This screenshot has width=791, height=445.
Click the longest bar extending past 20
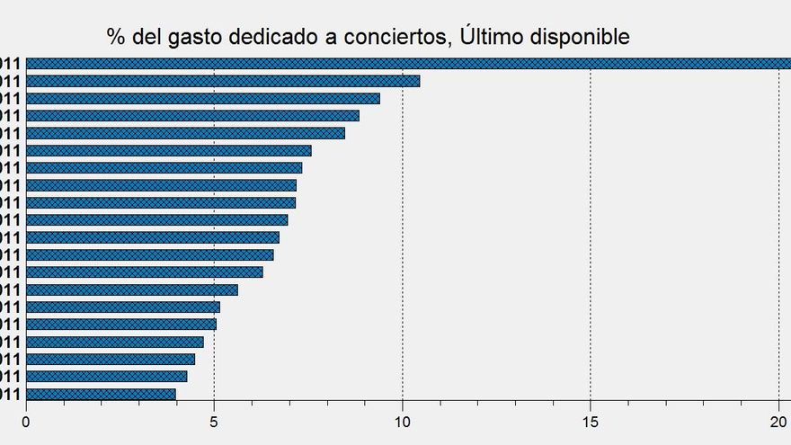click(x=404, y=63)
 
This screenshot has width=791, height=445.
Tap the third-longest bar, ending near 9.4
click(x=203, y=98)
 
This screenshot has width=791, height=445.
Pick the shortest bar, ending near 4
click(x=101, y=394)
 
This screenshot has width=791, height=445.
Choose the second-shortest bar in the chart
click(x=107, y=376)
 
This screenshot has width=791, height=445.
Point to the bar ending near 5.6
click(x=132, y=289)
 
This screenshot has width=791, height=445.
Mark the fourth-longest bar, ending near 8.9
click(x=192, y=115)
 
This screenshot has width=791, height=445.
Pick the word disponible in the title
click(x=582, y=37)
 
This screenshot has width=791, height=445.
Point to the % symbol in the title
click(x=115, y=37)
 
